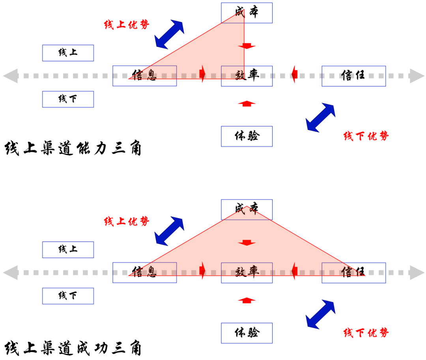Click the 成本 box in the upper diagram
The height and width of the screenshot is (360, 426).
click(x=247, y=13)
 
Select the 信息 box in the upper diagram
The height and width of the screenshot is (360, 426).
click(x=144, y=76)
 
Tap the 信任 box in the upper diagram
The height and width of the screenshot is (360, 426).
click(x=353, y=76)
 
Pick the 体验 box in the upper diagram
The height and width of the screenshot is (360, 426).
click(x=247, y=136)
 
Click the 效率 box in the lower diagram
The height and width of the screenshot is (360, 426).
click(x=247, y=272)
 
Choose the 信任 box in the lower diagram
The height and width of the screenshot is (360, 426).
click(x=353, y=272)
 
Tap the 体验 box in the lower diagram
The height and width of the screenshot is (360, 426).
click(x=247, y=333)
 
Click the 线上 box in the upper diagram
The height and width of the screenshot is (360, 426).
click(x=68, y=53)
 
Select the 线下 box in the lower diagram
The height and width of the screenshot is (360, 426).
click(x=68, y=296)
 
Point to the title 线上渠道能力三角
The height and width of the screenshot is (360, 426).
click(x=73, y=149)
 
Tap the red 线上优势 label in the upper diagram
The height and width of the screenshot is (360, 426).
click(x=127, y=24)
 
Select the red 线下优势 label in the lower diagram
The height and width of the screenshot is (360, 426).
click(x=366, y=332)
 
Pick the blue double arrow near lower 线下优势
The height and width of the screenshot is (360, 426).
click(x=321, y=314)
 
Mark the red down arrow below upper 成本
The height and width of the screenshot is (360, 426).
click(x=247, y=46)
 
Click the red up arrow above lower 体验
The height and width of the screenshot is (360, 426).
click(x=247, y=300)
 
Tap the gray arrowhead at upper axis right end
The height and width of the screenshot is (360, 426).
click(x=416, y=76)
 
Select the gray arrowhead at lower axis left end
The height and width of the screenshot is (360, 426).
click(x=10, y=272)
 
